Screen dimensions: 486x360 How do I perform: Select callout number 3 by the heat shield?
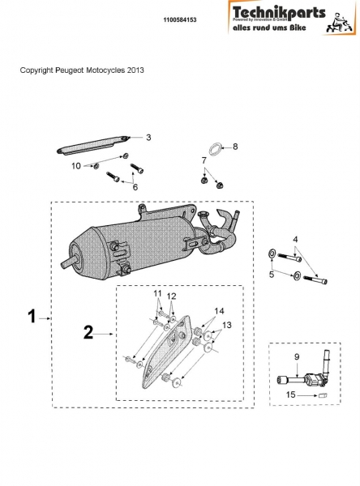[x=148, y=137]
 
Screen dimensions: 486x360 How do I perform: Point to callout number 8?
[x=235, y=147]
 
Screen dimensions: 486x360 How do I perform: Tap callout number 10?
[x=77, y=166]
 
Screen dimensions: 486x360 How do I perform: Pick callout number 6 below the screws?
[x=135, y=187]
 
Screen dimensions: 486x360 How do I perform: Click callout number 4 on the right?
[x=295, y=239]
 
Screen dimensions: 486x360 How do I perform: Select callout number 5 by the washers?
[x=272, y=275]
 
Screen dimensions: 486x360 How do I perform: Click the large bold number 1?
[x=32, y=318]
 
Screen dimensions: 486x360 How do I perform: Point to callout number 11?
[x=158, y=293]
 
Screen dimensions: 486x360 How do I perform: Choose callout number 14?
[x=218, y=311]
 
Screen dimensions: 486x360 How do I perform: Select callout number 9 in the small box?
[x=298, y=356]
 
